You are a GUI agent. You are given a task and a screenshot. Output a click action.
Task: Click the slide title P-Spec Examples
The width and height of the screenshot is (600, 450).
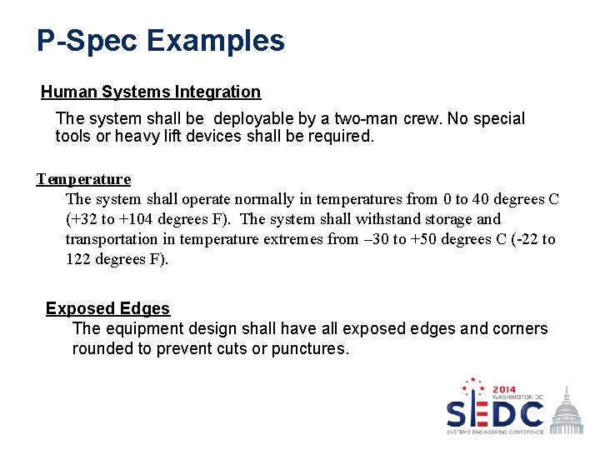click(x=160, y=40)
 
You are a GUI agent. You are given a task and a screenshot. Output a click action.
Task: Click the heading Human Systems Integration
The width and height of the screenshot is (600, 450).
click(x=151, y=92)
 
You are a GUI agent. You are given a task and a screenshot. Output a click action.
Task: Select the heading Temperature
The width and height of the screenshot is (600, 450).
click(x=83, y=178)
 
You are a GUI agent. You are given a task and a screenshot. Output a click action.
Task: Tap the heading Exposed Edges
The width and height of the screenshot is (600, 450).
click(x=107, y=308)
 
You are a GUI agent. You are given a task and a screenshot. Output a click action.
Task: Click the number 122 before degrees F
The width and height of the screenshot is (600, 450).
click(x=79, y=259)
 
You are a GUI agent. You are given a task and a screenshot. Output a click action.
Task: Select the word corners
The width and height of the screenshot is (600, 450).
click(x=521, y=328)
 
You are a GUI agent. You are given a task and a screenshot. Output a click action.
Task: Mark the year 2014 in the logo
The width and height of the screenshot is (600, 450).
click(x=504, y=389)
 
